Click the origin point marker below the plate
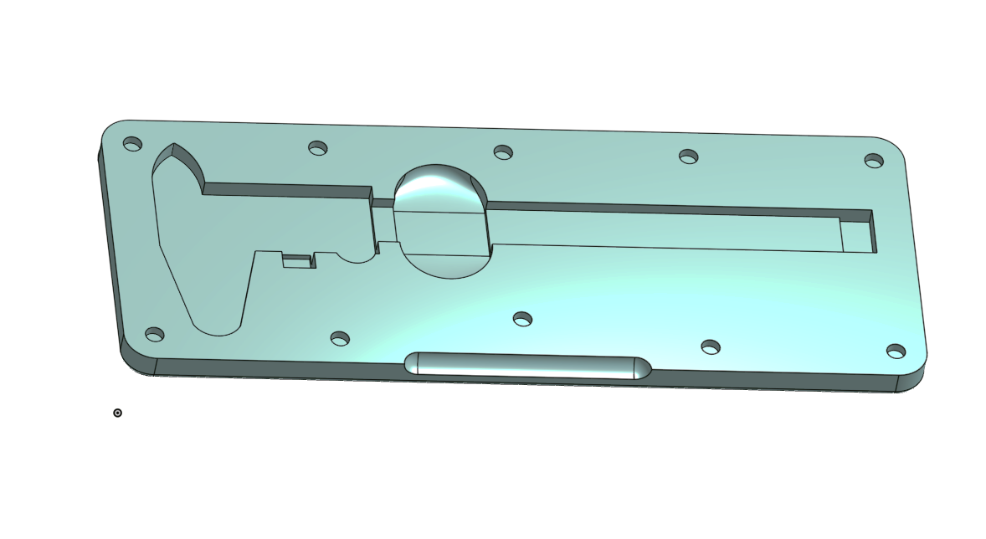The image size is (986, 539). (117, 413)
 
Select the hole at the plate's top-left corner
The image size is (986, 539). (132, 144)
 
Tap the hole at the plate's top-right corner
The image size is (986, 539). (874, 160)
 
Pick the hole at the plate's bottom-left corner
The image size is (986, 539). (155, 334)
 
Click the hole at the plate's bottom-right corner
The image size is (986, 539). (896, 351)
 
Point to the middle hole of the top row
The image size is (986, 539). (503, 151)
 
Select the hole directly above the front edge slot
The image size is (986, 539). (523, 318)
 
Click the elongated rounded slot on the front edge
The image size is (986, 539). (527, 366)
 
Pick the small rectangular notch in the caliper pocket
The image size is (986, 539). (296, 261)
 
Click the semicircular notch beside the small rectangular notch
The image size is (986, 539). (355, 255)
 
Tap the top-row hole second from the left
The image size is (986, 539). (318, 148)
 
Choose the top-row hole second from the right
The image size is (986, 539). (689, 156)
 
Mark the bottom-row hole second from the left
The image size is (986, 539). (340, 338)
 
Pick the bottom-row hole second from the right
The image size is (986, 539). (711, 346)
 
